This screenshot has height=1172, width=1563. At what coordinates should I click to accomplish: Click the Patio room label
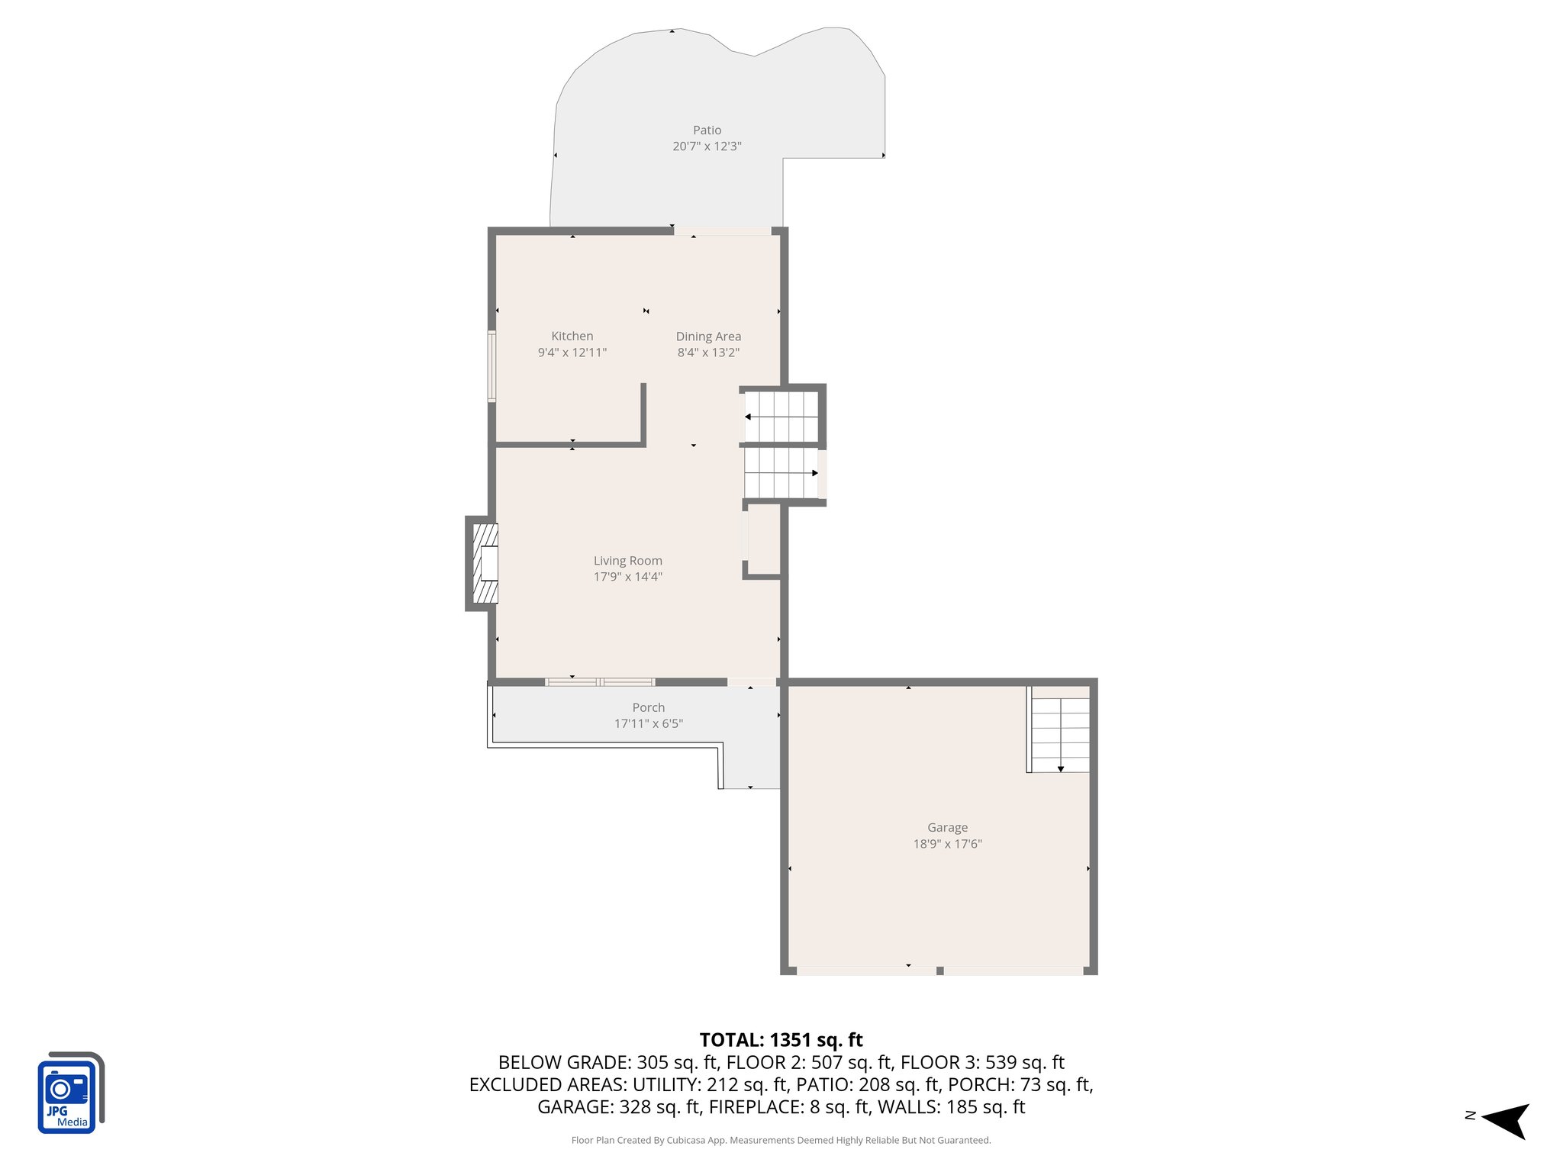pos(707,130)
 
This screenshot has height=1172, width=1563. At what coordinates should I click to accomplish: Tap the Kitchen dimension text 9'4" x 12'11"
pos(572,353)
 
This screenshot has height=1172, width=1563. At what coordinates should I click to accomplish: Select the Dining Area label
pos(708,336)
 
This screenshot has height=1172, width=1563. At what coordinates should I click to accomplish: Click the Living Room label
pos(627,561)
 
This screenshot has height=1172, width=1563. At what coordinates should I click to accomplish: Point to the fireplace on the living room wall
pos(483,564)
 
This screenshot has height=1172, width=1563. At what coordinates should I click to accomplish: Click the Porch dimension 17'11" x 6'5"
pos(648,723)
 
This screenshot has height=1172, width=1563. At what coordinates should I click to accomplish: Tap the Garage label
pos(947,827)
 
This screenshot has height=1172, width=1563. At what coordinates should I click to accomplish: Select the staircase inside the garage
pos(1059,730)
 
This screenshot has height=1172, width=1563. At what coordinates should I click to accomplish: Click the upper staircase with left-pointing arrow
pos(781,417)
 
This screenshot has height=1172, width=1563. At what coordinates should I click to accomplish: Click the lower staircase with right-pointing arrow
pos(781,473)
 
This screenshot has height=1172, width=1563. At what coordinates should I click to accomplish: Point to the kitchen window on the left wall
pos(492,366)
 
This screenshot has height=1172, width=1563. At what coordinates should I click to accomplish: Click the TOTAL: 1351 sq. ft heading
pos(781,1040)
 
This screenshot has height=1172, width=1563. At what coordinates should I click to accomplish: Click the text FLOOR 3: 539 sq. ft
pos(982,1062)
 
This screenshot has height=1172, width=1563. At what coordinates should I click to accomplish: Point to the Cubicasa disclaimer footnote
pos(781,1141)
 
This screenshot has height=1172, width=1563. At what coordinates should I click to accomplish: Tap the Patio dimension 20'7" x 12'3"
pos(707,146)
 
